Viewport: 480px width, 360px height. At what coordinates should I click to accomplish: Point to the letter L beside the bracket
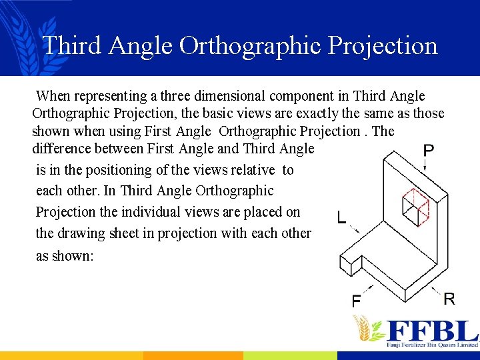[x=341, y=218]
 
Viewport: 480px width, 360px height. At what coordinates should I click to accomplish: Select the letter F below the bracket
[x=357, y=301]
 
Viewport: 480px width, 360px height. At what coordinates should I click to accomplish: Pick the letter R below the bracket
[x=449, y=299]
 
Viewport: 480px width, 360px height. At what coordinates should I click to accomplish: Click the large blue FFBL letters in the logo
[x=431, y=330]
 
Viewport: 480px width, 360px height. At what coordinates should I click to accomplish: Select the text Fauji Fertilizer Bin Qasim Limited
[x=431, y=345]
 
